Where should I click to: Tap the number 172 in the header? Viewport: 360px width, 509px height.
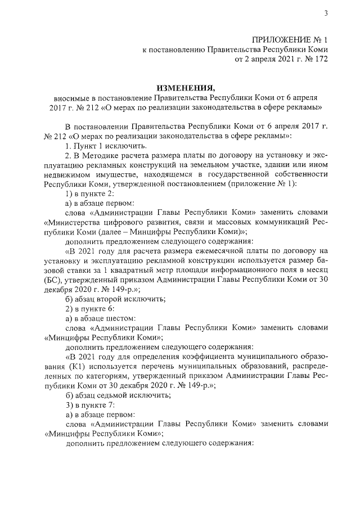coord(319,59)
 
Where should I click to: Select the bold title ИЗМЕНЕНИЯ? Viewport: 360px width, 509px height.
coord(186,88)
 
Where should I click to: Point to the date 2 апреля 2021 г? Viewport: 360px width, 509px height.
coord(260,59)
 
